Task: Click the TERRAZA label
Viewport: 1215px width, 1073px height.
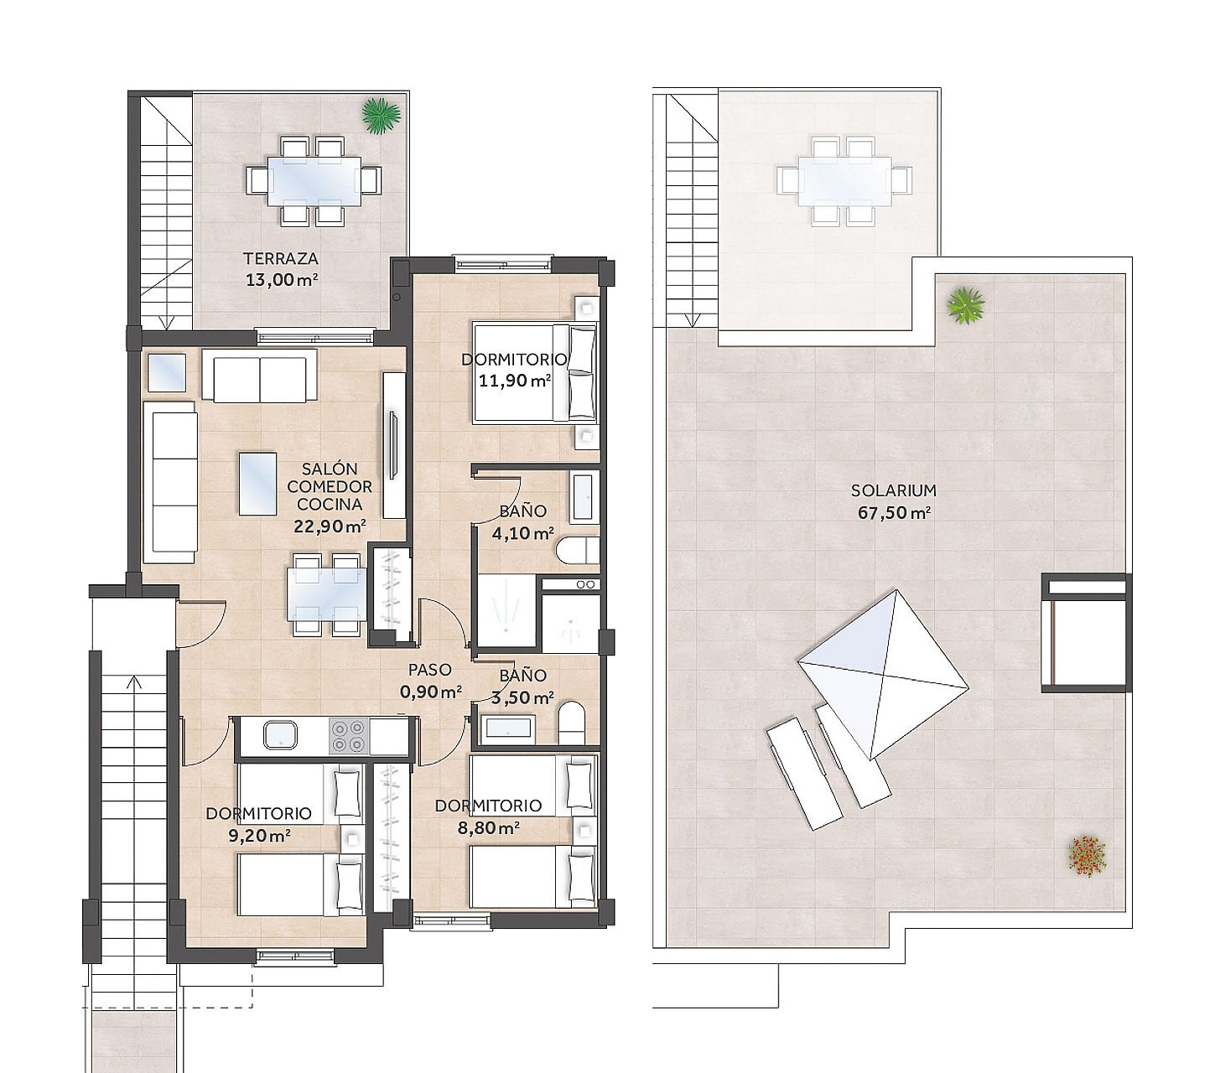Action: [280, 259]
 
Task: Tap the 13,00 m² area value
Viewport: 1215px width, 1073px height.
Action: [281, 279]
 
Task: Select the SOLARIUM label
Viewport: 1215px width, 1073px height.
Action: [893, 491]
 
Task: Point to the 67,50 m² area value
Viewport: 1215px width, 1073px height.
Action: [894, 513]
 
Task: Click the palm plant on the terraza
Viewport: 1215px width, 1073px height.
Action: [381, 116]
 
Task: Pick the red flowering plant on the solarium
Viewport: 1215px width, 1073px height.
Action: [1087, 858]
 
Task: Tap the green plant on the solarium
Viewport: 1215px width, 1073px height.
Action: [965, 306]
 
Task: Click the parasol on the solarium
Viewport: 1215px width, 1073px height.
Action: [882, 674]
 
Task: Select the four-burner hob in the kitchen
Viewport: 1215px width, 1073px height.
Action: [349, 736]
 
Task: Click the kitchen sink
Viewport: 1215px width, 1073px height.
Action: [280, 735]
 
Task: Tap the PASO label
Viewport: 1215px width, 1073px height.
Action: [429, 670]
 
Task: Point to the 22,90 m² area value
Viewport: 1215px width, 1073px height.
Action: [330, 526]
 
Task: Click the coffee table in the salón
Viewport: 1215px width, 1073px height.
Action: [258, 484]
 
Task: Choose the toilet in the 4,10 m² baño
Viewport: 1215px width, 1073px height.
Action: [578, 550]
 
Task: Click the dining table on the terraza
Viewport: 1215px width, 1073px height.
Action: [313, 182]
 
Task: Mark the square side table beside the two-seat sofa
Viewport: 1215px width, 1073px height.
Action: [167, 373]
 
